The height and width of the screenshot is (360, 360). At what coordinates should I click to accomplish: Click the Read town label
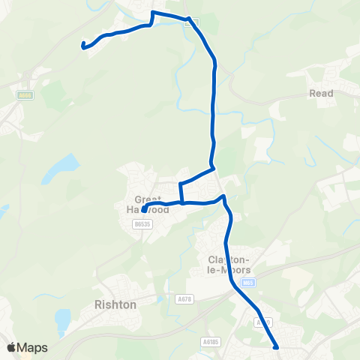(321, 94)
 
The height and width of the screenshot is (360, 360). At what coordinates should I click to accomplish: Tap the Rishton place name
(115, 305)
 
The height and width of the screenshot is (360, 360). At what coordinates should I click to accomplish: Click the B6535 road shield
(141, 223)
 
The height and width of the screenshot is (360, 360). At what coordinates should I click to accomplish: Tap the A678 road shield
(184, 300)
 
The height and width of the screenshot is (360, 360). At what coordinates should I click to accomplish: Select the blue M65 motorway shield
(250, 283)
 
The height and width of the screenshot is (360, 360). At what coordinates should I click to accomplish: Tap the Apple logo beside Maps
(11, 347)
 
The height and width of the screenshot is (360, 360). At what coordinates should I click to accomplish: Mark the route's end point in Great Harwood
(143, 211)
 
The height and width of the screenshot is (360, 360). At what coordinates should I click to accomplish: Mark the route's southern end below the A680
(277, 347)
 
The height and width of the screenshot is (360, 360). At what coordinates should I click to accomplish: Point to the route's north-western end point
(82, 46)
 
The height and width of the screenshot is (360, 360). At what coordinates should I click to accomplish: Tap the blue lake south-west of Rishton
(63, 321)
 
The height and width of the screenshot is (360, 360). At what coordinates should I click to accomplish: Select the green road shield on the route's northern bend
(193, 22)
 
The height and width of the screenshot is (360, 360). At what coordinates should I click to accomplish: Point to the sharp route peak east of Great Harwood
(223, 196)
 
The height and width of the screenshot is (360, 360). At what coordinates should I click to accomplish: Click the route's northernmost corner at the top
(154, 13)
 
